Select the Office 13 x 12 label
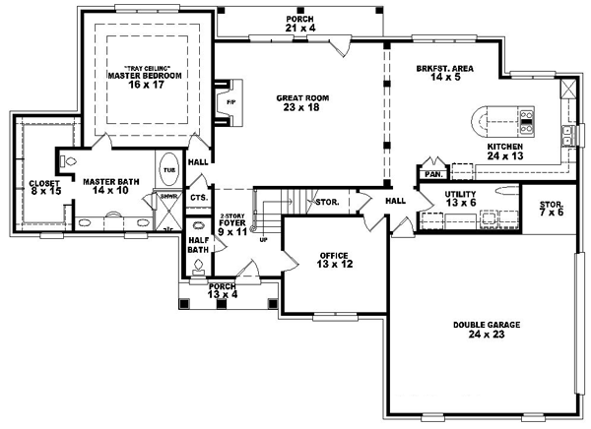[333, 260]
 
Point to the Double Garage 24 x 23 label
[488, 327]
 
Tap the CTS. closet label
[198, 198]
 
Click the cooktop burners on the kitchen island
[526, 120]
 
